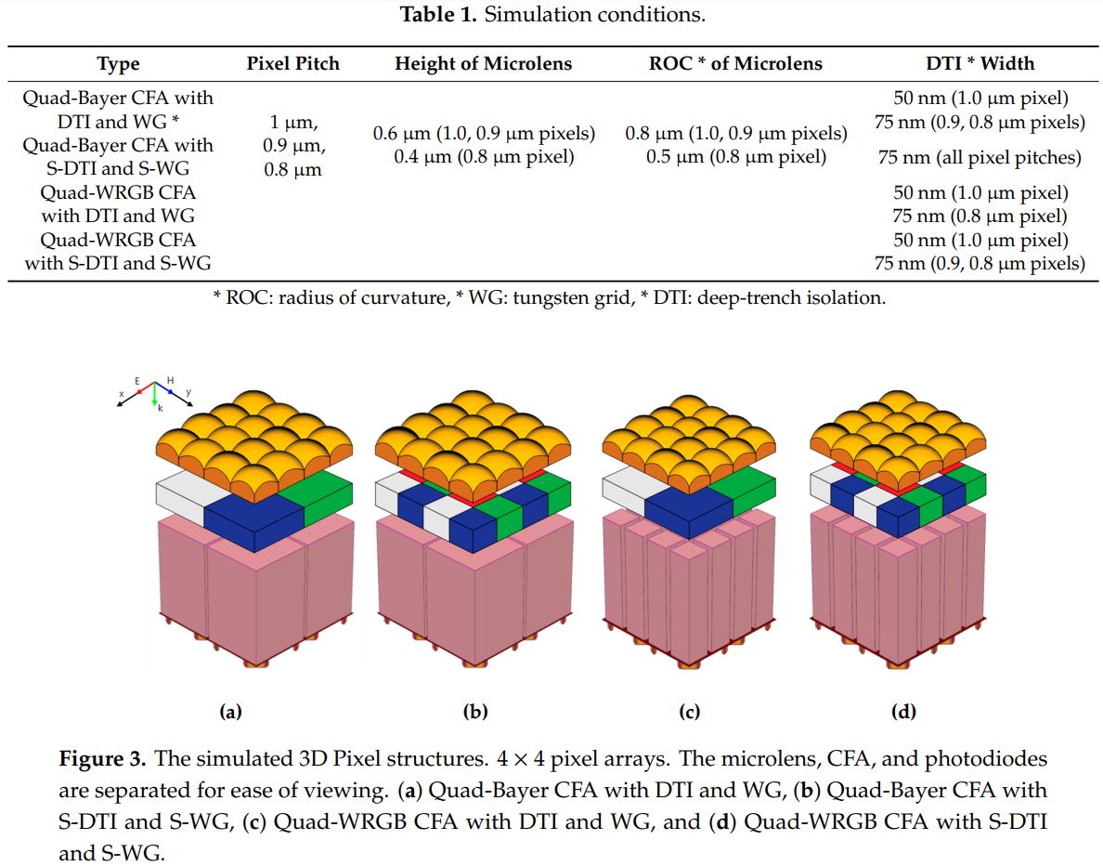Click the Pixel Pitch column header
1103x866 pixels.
(292, 64)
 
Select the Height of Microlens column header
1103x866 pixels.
(483, 64)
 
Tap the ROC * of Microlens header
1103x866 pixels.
(735, 64)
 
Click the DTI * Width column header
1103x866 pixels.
(980, 64)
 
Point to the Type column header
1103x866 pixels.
(118, 64)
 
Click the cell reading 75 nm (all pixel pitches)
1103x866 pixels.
(980, 157)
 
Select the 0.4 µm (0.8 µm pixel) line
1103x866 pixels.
(484, 156)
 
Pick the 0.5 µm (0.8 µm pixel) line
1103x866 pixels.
(736, 156)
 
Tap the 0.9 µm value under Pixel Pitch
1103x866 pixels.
(292, 145)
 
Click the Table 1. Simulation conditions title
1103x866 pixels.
(552, 15)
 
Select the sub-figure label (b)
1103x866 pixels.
(475, 713)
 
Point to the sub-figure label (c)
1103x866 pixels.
(689, 713)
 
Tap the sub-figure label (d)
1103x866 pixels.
(902, 713)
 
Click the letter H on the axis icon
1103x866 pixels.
(171, 381)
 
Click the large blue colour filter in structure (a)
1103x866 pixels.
(253, 521)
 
